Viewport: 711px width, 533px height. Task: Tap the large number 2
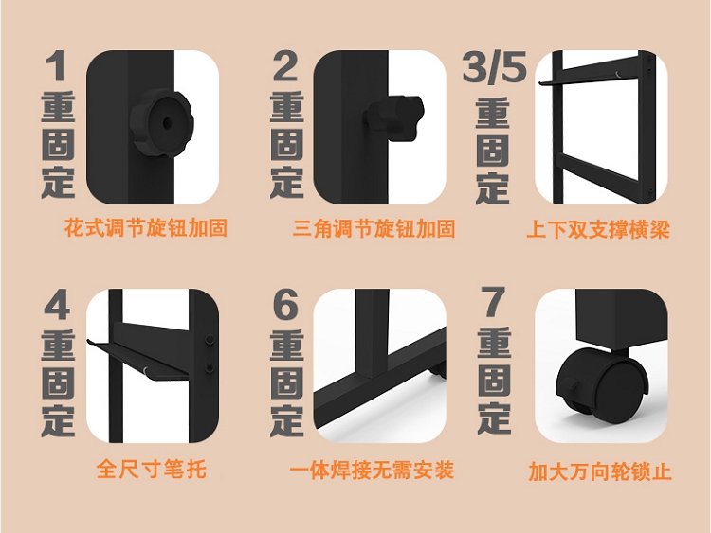coord(285,66)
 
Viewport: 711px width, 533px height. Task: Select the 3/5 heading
coord(494,66)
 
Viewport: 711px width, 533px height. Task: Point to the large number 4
coord(57,304)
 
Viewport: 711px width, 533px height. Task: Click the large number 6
coord(285,304)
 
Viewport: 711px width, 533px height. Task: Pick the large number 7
coord(493,302)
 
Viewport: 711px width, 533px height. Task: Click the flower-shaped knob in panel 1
coord(162,123)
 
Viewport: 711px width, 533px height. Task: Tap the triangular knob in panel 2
coord(394,117)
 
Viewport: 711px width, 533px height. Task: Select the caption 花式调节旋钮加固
coord(146,228)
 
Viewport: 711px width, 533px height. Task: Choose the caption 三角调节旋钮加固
coord(374,228)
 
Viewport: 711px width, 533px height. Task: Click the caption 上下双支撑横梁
coord(598,229)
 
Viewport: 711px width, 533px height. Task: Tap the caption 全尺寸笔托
coord(152,469)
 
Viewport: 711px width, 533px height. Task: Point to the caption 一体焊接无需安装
coord(372,470)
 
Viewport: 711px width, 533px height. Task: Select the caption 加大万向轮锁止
coord(599,471)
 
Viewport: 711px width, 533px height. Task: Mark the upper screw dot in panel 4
coord(210,340)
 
